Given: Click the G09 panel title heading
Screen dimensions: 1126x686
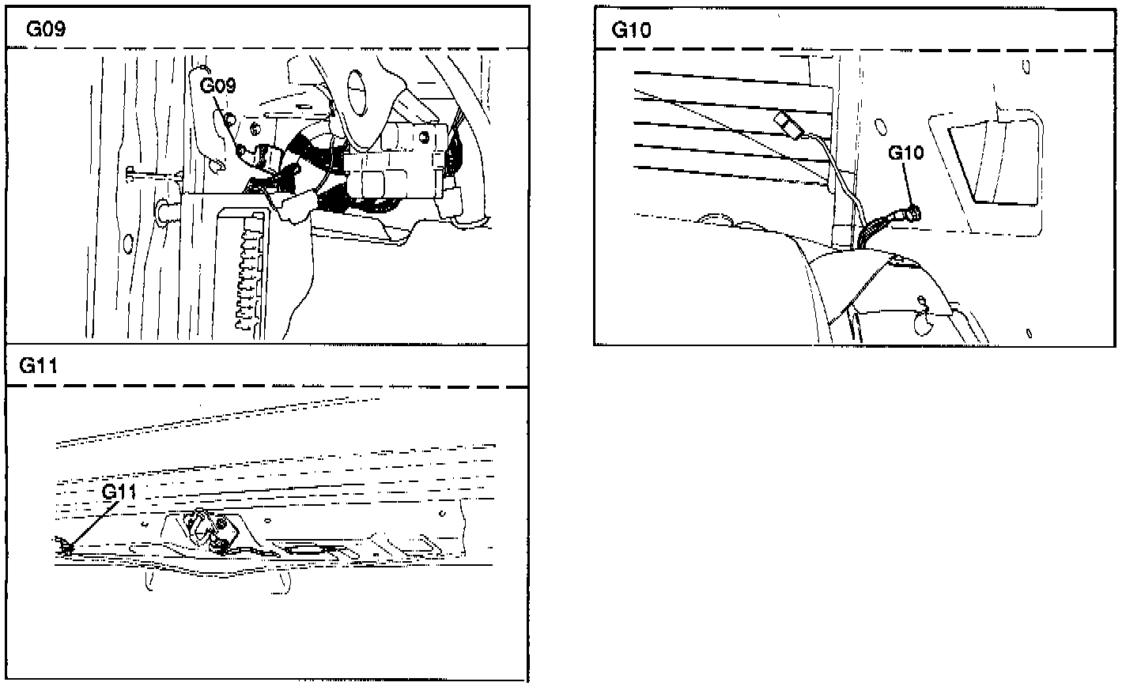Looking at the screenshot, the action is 45,29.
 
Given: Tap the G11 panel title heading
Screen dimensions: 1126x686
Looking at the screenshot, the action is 39,365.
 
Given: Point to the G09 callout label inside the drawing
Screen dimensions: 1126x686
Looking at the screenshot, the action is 217,86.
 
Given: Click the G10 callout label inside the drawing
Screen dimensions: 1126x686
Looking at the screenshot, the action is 905,153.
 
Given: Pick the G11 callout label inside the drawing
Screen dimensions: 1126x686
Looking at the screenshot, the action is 119,492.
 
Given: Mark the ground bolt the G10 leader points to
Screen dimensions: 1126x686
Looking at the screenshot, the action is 915,212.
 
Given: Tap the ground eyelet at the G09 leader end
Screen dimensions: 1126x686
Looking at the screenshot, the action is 229,119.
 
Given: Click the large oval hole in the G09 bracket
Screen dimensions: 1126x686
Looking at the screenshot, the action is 358,88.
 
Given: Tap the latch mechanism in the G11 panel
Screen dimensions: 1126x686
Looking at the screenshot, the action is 208,528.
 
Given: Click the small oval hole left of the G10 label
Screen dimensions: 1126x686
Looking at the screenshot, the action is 879,126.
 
